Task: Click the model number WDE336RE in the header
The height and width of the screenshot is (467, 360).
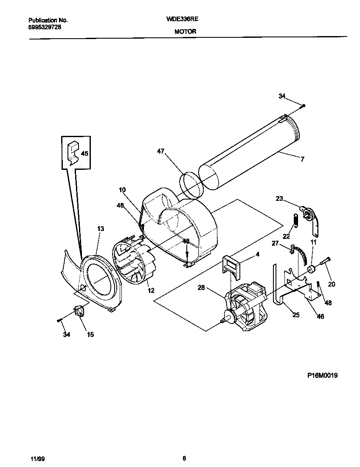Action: tap(185, 20)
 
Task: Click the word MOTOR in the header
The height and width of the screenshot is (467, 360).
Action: tap(185, 31)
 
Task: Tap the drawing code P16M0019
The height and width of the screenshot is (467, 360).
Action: tap(322, 375)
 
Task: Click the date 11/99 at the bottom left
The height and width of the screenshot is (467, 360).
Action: tap(37, 459)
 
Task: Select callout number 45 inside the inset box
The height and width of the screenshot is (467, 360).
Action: tap(84, 153)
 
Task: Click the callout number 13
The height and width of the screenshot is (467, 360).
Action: tap(100, 229)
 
